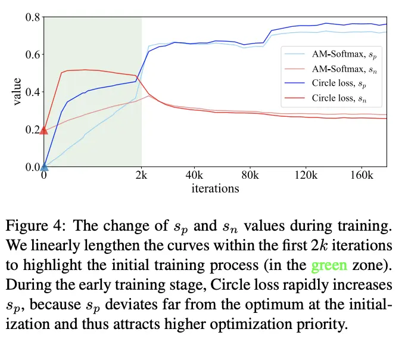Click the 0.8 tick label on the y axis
[x=32, y=17]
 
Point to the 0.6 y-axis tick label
[x=32, y=55]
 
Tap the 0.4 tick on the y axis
[x=32, y=92]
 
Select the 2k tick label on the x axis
[x=141, y=176]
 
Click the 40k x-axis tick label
[x=195, y=176]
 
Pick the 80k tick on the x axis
[x=250, y=176]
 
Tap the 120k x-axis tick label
[x=305, y=176]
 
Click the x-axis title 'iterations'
[x=215, y=188]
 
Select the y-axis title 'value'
[x=17, y=92]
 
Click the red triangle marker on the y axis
[x=43, y=129]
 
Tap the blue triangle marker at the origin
[x=43, y=166]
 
